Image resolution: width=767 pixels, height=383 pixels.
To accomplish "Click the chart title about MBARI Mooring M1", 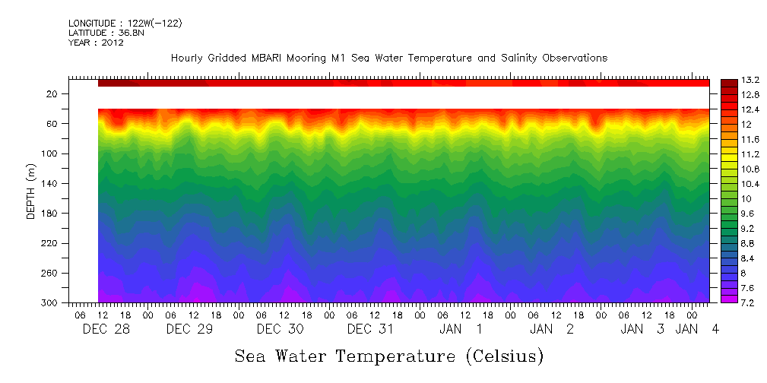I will click(389, 59).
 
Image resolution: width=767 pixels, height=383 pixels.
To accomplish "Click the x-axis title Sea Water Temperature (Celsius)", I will click(388, 356).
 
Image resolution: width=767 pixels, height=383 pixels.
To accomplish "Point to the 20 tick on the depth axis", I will click(52, 94).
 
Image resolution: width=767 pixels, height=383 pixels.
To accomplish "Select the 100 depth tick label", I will click(50, 154).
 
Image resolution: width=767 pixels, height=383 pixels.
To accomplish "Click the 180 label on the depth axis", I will click(50, 214).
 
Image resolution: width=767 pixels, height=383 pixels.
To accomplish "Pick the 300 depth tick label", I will click(50, 303).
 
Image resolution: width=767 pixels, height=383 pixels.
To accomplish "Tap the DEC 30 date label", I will click(280, 329).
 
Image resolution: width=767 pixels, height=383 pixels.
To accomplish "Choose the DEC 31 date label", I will click(370, 329).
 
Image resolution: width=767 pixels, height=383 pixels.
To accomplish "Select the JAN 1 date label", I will click(461, 329).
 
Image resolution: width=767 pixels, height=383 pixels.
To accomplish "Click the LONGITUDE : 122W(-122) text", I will click(125, 24).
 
